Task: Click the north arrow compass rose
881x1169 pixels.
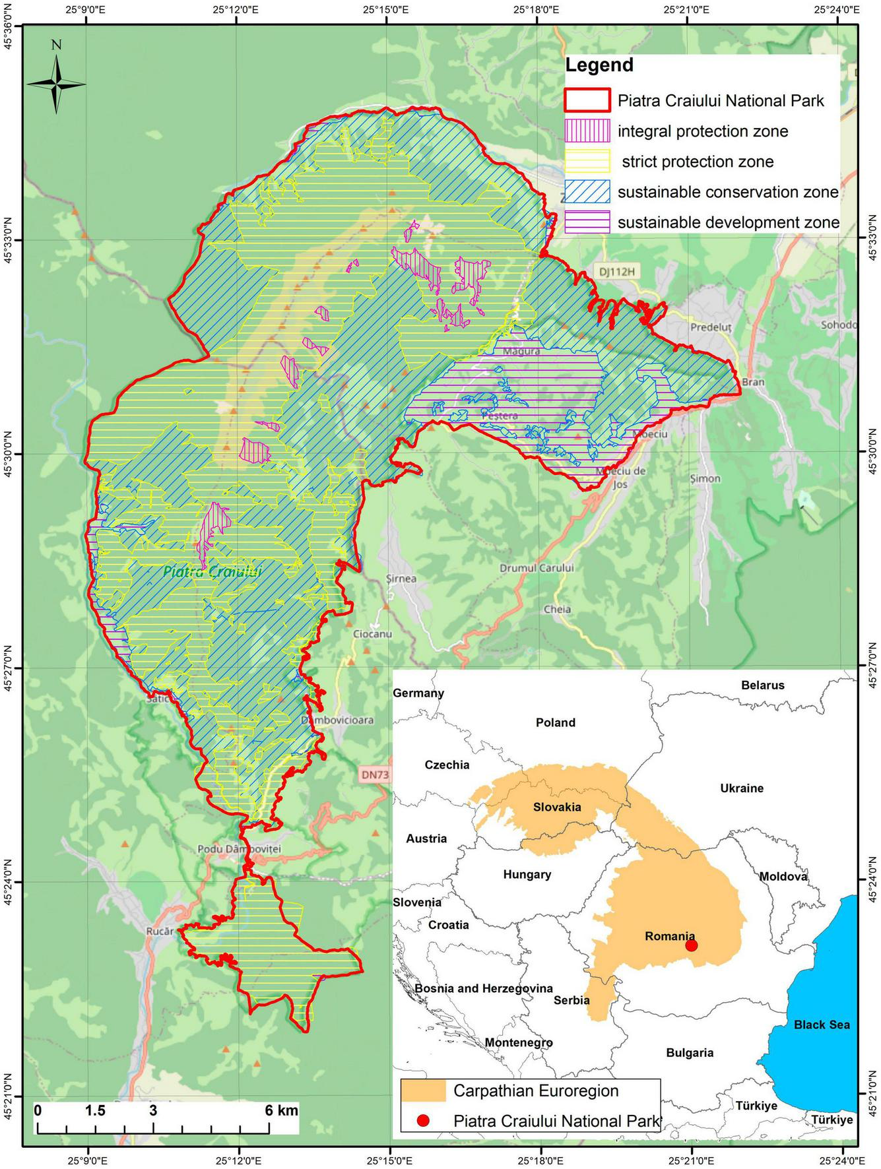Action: click(x=57, y=83)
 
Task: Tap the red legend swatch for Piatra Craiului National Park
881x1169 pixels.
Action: click(x=587, y=101)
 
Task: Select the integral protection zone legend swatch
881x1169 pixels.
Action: click(x=587, y=131)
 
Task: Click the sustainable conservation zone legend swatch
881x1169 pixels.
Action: click(x=587, y=192)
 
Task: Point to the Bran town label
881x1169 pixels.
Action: click(x=753, y=383)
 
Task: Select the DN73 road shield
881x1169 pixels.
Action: click(x=375, y=775)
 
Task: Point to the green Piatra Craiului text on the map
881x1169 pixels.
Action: click(x=212, y=572)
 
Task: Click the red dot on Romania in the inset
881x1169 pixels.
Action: click(x=692, y=945)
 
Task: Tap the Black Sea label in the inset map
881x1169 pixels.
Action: click(x=822, y=1025)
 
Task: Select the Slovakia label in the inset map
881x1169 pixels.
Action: click(x=557, y=807)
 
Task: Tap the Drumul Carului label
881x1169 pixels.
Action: click(x=537, y=568)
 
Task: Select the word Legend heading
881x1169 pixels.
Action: click(x=599, y=65)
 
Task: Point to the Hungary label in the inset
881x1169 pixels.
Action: click(x=527, y=874)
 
